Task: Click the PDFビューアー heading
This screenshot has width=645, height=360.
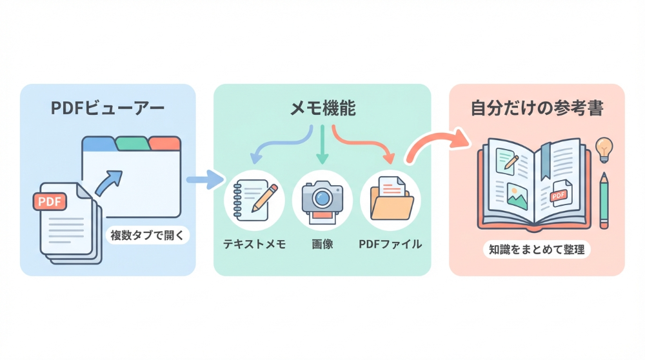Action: (x=107, y=108)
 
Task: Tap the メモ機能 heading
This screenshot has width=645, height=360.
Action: (x=322, y=108)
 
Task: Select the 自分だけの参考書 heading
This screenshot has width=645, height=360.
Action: (x=537, y=108)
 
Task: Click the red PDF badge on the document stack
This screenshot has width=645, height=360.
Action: (x=50, y=202)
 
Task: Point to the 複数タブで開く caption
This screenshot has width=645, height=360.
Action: (x=147, y=235)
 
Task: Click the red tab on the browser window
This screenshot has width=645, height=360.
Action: (x=165, y=143)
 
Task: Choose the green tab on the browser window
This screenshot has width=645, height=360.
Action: (x=133, y=143)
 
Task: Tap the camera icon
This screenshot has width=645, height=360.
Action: (x=322, y=198)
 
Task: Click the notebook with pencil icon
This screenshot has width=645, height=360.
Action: (x=253, y=198)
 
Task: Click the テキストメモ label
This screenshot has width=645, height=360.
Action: (x=254, y=244)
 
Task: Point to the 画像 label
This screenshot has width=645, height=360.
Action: (x=322, y=244)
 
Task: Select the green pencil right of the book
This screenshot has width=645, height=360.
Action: (x=604, y=200)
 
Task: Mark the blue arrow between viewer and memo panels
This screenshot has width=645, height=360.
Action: (x=204, y=179)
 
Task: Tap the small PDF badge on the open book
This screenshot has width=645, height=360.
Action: (x=559, y=194)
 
